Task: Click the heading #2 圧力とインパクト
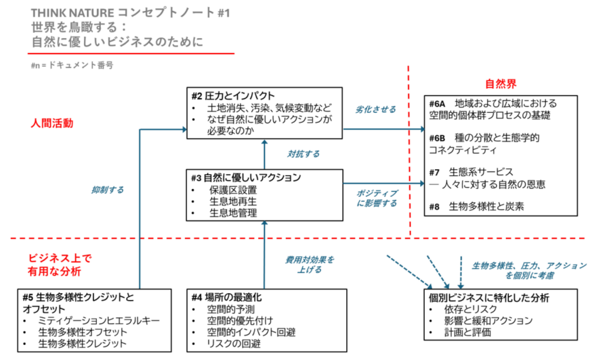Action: tap(232, 96)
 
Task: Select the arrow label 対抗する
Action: tap(303, 154)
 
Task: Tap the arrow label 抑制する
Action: tap(107, 190)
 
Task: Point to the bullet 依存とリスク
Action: tap(471, 309)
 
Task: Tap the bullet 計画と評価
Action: tap(468, 332)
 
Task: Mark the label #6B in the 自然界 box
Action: tap(438, 138)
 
